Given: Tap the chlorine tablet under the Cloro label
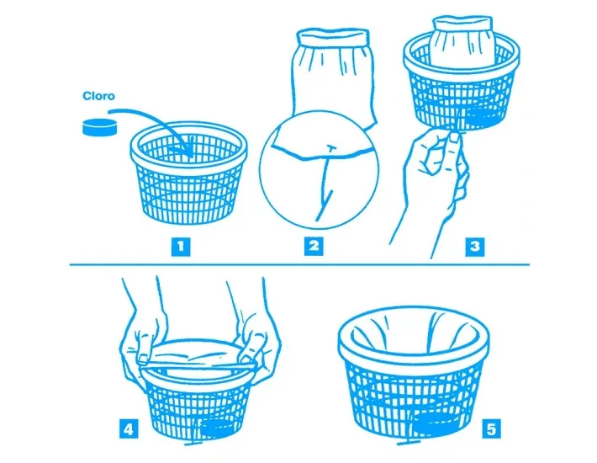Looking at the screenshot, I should pos(98,128).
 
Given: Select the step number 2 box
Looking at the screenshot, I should pos(314,246).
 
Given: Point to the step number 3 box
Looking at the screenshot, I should pos(475,246).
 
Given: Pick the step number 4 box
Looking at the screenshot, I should pos(129,429).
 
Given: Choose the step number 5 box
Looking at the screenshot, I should pos(491,429).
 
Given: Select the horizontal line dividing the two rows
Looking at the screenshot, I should pos(298,264).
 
